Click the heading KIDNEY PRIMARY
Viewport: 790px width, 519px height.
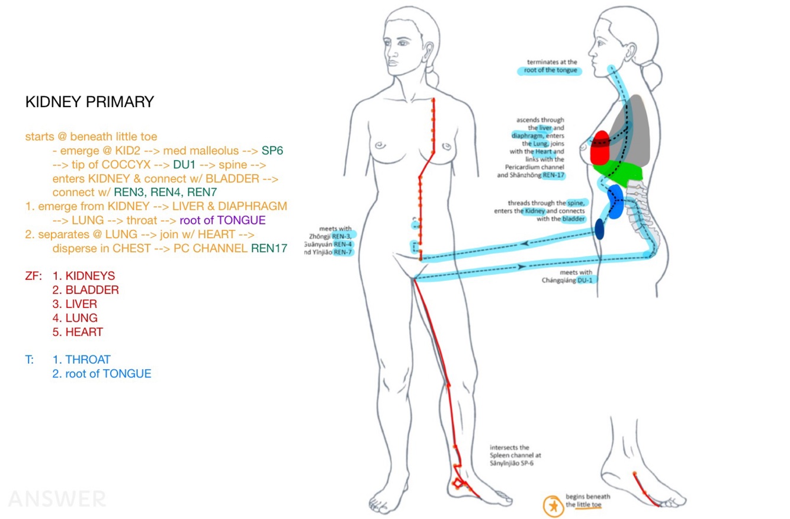tap(89, 102)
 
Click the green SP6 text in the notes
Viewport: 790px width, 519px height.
tap(272, 151)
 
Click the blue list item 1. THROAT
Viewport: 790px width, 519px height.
tap(81, 360)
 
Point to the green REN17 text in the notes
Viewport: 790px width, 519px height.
tap(269, 248)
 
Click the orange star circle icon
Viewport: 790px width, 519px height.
tap(552, 505)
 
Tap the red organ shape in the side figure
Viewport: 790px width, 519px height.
tap(600, 148)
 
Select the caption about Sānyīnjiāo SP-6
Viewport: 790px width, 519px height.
tap(515, 456)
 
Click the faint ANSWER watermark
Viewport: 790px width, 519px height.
tap(57, 499)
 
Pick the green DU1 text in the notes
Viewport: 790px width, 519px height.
tap(184, 165)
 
